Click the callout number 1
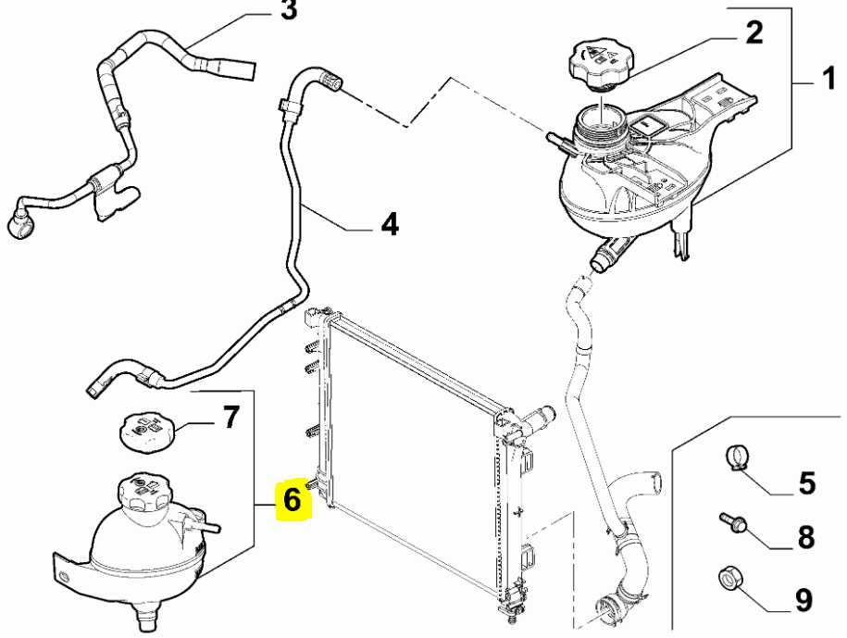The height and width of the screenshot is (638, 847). coord(829,79)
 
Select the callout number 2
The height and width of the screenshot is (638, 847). coord(754,33)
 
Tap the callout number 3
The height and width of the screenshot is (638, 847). coord(289,10)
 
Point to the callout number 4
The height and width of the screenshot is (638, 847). coord(390,224)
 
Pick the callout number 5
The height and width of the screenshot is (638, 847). coord(806,483)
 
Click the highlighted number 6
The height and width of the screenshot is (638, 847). coord(292,500)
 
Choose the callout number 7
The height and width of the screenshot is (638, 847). coord(230,417)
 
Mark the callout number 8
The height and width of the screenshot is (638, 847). coord(806,538)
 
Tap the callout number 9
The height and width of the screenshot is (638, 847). coord(803,600)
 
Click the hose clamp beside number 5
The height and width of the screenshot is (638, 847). coord(736,457)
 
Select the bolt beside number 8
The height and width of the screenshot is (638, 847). coord(732,522)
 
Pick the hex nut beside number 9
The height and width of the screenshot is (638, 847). coord(730,578)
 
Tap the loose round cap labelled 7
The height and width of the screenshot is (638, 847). coord(148,432)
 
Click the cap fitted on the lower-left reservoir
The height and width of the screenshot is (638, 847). coord(139,491)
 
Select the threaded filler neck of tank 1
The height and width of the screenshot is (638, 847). coord(600,131)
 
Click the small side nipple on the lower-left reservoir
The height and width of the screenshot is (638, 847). coord(206,526)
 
